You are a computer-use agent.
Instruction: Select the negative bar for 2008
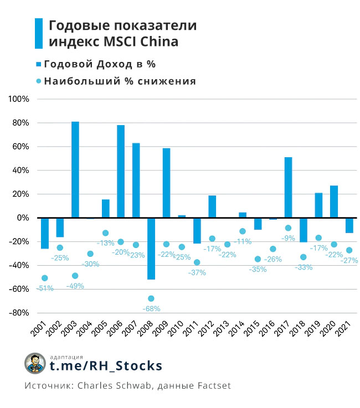pos(151,249)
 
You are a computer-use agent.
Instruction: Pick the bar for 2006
pos(121,171)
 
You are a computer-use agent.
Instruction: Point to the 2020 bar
pos(334,202)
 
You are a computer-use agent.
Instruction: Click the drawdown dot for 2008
pos(151,298)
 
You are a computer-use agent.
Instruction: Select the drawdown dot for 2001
pos(44,278)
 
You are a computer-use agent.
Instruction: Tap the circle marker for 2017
pos(289,228)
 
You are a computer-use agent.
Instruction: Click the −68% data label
pos(151,308)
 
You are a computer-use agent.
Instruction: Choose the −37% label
pos(197,272)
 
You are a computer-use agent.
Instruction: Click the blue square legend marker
pos(38,64)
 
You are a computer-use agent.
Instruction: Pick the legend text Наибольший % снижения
pos(120,81)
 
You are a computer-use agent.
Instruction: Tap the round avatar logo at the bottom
pos(35,363)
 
